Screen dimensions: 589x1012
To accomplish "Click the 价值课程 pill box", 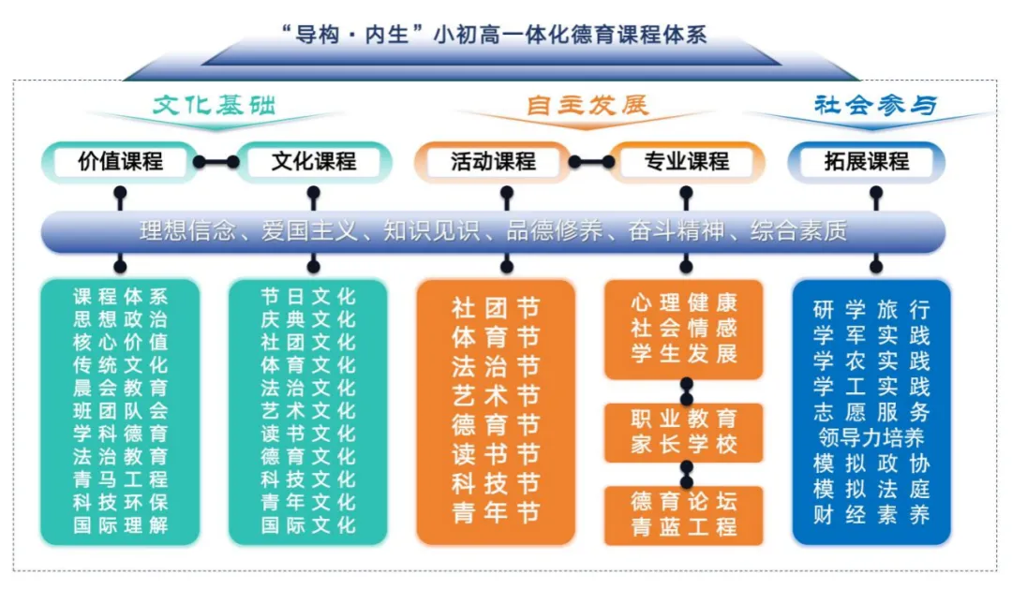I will coord(120,162).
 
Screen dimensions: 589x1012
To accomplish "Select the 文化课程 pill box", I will coord(314,162).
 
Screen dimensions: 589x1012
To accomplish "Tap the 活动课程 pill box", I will coord(493,162).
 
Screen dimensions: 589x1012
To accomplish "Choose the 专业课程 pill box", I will coord(686,162).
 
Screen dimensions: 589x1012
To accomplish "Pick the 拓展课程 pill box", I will coord(867,162).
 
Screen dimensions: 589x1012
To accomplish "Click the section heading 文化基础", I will coord(215,105).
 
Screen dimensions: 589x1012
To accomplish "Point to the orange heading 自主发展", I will coord(588,105).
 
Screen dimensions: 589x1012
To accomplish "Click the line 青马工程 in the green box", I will coord(121,479).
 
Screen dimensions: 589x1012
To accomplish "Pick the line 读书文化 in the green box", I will coord(308,434).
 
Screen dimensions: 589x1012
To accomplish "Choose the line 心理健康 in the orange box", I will coord(684,303).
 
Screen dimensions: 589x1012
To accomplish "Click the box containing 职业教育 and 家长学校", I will coord(684,432).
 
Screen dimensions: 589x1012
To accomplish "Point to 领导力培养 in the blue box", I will coord(871,438).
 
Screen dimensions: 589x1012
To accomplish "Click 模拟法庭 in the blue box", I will coord(871,489).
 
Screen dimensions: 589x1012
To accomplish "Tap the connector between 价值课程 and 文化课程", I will coord(216,162).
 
